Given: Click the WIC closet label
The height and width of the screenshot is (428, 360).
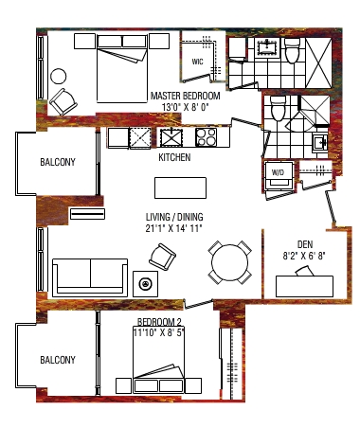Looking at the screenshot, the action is [197, 62].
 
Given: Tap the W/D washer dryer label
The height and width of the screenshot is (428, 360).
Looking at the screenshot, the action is [278, 172].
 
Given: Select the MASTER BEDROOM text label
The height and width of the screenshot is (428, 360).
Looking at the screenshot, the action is [185, 96].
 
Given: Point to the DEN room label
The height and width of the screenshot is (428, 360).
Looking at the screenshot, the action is [305, 244].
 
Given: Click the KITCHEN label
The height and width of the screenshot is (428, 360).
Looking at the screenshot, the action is [174, 157].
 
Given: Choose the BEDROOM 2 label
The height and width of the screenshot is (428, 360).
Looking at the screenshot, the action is [159, 322].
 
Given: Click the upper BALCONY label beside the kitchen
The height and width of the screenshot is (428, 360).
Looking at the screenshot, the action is [58, 162].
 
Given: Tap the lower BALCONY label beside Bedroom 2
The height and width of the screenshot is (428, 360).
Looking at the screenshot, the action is [58, 360].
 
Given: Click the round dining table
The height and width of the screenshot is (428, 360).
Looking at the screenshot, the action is [230, 263].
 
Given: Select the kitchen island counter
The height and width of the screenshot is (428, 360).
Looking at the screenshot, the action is [180, 187].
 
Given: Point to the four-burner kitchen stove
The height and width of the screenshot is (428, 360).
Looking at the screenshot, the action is [207, 137].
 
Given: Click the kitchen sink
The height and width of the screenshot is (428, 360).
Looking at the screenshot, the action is [171, 137].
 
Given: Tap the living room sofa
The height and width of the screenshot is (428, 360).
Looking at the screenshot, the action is [90, 277].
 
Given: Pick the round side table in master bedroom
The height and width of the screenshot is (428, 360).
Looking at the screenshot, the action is [59, 77].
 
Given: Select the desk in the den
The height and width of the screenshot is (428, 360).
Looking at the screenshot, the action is [304, 286].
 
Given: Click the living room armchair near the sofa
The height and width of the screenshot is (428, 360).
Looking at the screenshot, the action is [162, 257].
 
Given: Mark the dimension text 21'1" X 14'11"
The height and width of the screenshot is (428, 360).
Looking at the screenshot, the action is [173, 228].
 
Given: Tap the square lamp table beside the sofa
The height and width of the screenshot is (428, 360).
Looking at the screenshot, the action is [146, 284].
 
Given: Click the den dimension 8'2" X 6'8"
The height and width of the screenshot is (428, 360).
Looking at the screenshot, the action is [304, 256].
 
